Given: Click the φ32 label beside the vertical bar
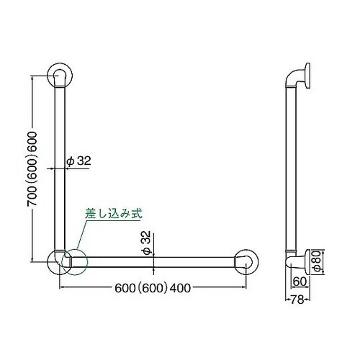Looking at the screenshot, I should click(78, 163).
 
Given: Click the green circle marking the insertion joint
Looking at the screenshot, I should click(75, 260).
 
